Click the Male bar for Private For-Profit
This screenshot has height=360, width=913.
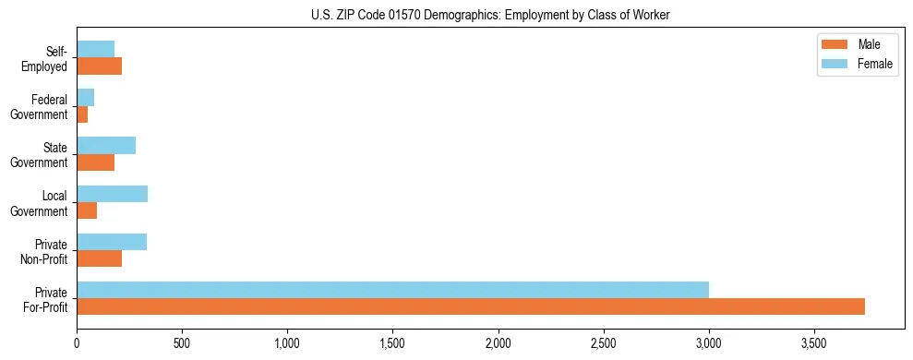[x=471, y=306]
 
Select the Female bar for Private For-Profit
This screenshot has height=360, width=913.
[x=392, y=290]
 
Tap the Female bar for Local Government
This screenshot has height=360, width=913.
[x=112, y=194]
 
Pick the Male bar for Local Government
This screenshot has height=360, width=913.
[x=87, y=210]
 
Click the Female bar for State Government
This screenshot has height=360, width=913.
[x=106, y=146]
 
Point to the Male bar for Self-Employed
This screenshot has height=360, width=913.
[x=99, y=66]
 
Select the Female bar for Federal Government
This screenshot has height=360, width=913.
[x=85, y=98]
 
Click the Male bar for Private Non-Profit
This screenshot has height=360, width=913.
[x=99, y=258]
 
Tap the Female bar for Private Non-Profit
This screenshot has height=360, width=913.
[x=112, y=242]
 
